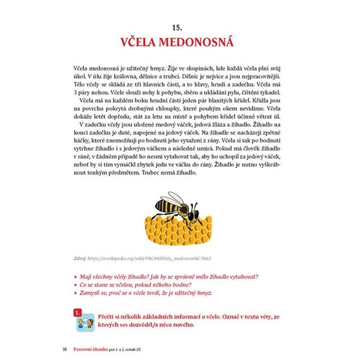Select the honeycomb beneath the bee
(180, 228)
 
